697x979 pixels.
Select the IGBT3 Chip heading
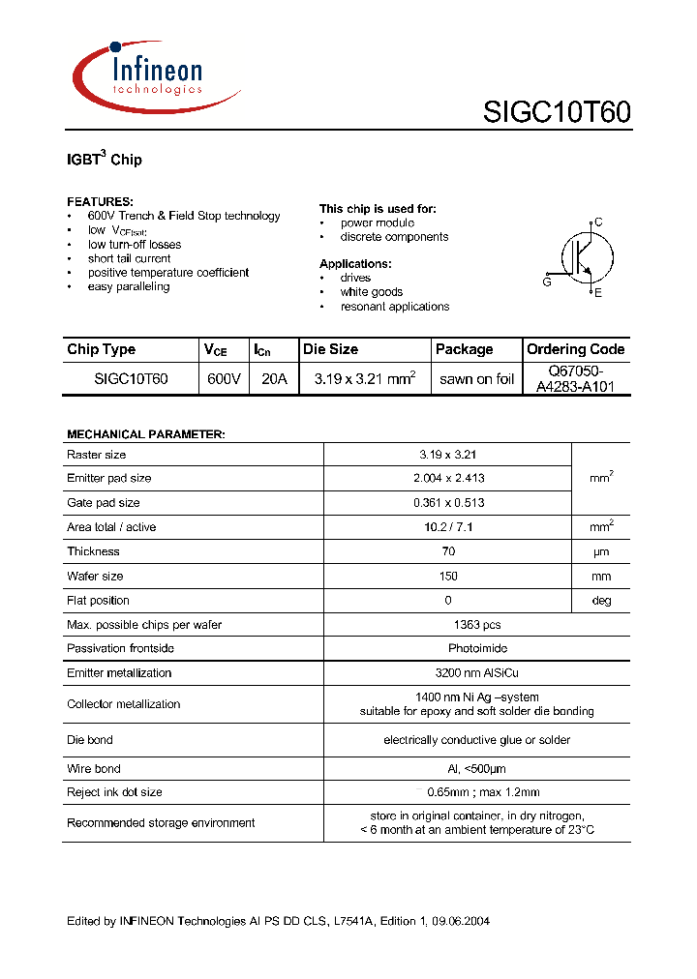[x=105, y=159]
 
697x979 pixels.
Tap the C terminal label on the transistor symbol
[x=598, y=222]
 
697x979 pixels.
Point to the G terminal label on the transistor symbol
[x=547, y=282]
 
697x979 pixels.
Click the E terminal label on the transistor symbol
[x=598, y=292]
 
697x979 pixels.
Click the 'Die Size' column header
[x=330, y=349]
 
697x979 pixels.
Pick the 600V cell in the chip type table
[x=224, y=379]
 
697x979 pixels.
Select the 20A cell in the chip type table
[x=274, y=379]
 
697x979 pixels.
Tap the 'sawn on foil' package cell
[x=476, y=379]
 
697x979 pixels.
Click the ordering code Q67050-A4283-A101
[x=575, y=379]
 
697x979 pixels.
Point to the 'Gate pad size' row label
[x=104, y=503]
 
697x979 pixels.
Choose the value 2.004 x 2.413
[x=448, y=478]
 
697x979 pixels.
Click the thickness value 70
[x=448, y=551]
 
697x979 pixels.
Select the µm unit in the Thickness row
[x=601, y=551]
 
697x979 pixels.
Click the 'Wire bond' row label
[x=94, y=769]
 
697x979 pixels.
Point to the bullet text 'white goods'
[x=371, y=292]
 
